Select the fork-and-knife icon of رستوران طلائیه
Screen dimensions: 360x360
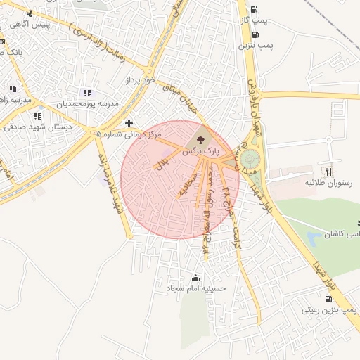click(x=327, y=171)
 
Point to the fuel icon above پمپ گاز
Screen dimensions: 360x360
click(x=253, y=10)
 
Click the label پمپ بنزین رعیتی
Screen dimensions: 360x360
click(x=330, y=310)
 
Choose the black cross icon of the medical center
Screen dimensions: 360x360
click(x=129, y=123)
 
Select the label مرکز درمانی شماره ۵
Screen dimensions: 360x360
click(x=133, y=134)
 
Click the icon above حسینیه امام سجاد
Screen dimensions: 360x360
click(x=195, y=276)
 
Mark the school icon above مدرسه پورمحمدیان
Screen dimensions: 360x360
click(x=87, y=93)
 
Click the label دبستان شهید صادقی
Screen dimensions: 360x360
click(x=34, y=127)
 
